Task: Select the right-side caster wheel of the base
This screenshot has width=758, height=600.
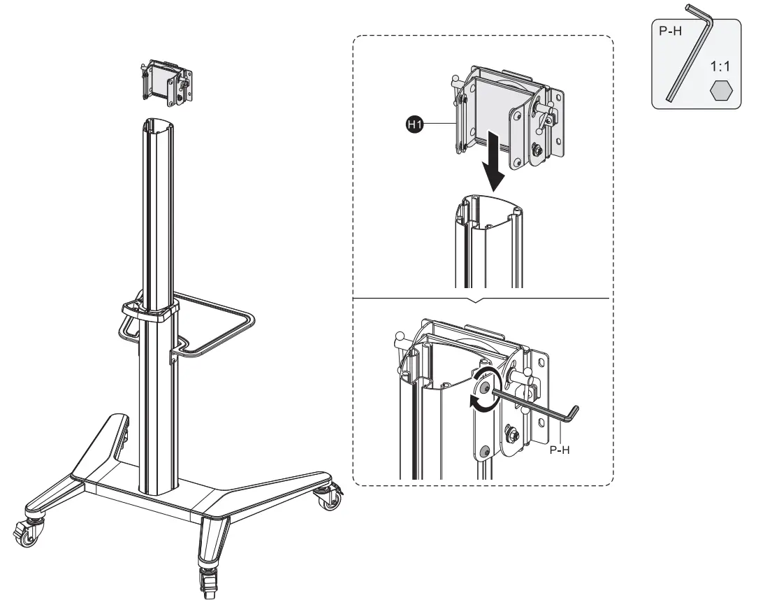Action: (326, 497)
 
